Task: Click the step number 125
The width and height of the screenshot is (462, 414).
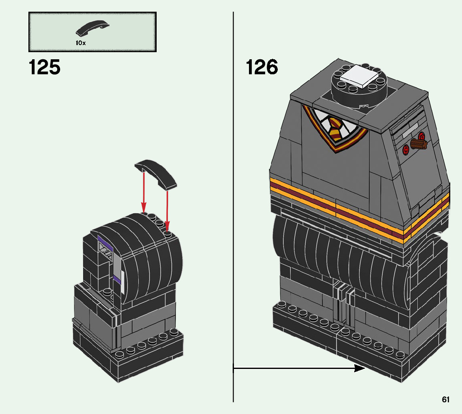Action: (x=45, y=67)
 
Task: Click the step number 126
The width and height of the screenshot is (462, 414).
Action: (x=262, y=67)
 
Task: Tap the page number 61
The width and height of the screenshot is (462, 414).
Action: (x=446, y=399)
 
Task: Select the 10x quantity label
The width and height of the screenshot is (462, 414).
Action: (x=81, y=43)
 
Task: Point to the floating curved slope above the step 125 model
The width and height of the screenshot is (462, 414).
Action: (x=155, y=172)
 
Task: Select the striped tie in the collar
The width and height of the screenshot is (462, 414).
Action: (x=334, y=128)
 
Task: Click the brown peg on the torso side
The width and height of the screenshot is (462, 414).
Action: (x=419, y=144)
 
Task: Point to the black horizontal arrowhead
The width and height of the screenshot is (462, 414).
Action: (x=359, y=368)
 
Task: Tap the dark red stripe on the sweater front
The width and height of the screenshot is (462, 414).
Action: (x=334, y=205)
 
